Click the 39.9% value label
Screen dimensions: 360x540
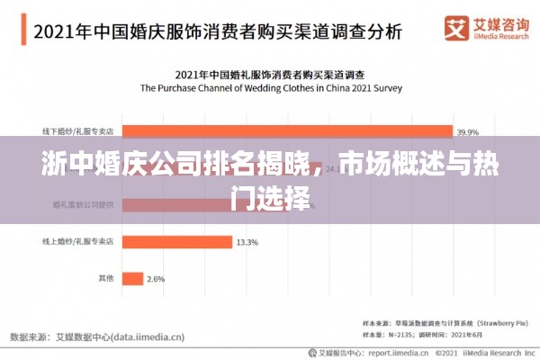[x=467, y=130]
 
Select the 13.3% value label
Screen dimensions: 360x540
[x=247, y=242]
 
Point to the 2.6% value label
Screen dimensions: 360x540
[x=155, y=279]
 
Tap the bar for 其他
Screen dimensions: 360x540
[x=131, y=279]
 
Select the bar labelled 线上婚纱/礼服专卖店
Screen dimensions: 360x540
[x=175, y=242]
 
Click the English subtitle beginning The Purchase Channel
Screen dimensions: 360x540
[x=269, y=88]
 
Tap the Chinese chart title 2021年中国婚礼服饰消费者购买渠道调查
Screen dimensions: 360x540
[x=269, y=73]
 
